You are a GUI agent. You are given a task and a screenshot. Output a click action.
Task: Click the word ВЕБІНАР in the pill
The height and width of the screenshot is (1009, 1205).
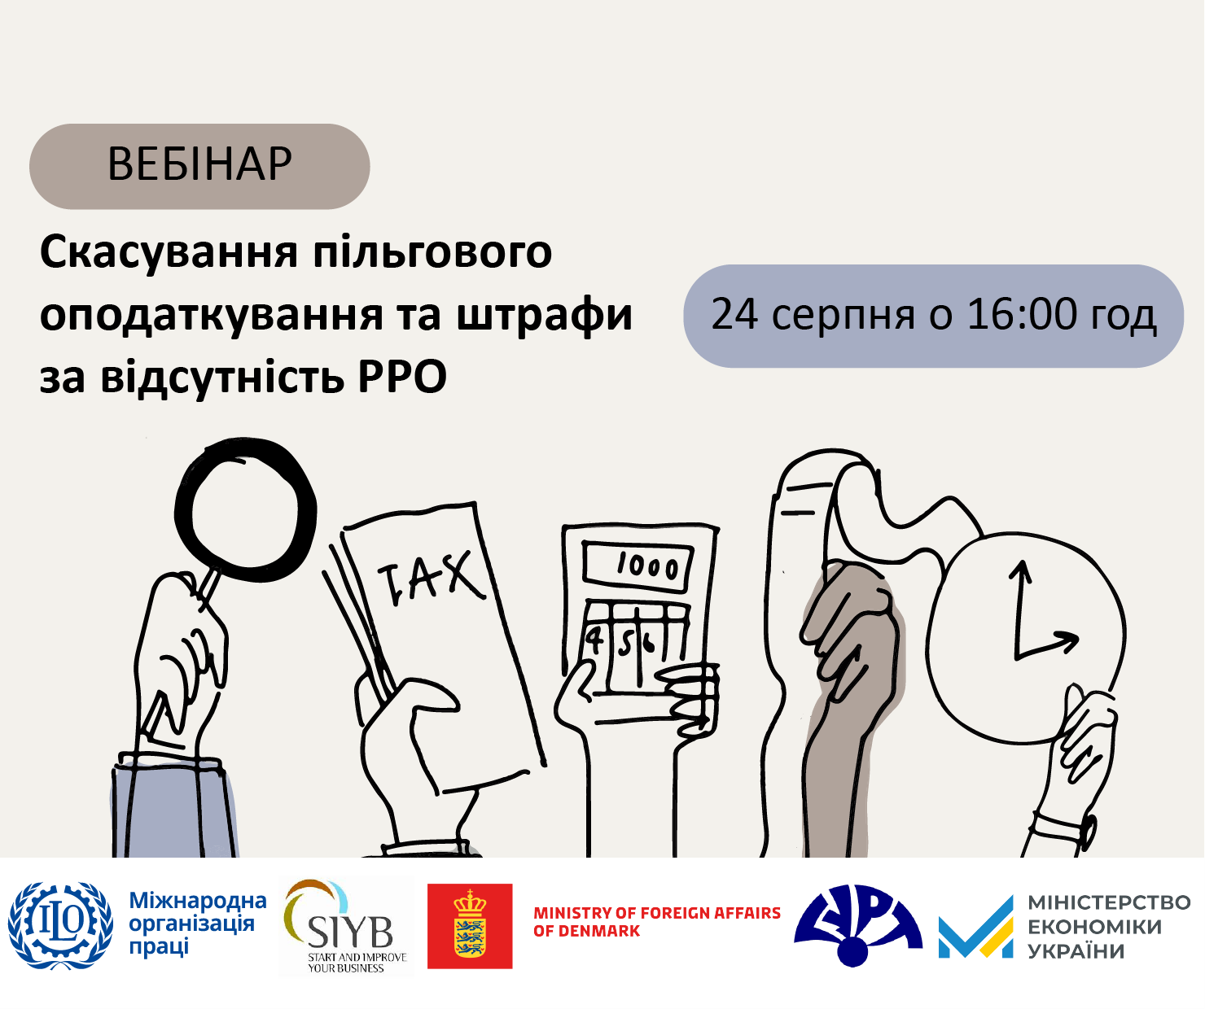point(199,164)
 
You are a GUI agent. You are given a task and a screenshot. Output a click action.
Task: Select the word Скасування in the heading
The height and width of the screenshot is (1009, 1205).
point(169,254)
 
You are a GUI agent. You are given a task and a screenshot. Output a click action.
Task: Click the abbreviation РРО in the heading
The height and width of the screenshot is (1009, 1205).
point(402,377)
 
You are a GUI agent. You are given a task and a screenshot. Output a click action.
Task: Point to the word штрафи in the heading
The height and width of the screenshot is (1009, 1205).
point(544,316)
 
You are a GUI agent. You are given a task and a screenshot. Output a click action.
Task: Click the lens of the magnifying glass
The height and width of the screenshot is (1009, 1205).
point(245,509)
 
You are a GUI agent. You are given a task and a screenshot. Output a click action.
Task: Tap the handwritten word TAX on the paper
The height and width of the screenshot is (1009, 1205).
point(430,579)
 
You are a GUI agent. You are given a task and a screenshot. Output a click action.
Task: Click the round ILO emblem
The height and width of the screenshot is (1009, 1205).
point(60,924)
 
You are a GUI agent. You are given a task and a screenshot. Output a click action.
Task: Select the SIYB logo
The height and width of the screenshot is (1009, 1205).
point(346,925)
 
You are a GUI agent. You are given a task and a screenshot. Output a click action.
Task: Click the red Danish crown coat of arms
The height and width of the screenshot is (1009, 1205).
point(470,926)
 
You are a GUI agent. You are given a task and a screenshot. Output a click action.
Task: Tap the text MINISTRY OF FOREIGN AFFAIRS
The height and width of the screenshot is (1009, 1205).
point(657,913)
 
